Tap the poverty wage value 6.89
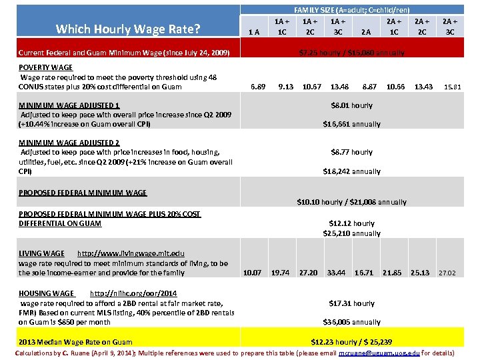tap(257, 86)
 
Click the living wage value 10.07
tap(253, 272)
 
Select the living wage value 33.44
tap(336, 272)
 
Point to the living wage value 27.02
tap(447, 273)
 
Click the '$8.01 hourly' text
tap(351, 105)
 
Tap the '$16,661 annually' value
tap(351, 124)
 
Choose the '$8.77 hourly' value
tap(351, 152)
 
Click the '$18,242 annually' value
tap(351, 171)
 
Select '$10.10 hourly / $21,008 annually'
tap(351, 202)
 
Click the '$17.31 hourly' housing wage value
tap(351, 303)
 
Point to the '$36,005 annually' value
tap(351, 322)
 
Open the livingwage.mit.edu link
tap(131, 253)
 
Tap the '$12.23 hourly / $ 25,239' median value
tap(351, 341)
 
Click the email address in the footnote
tap(379, 352)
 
